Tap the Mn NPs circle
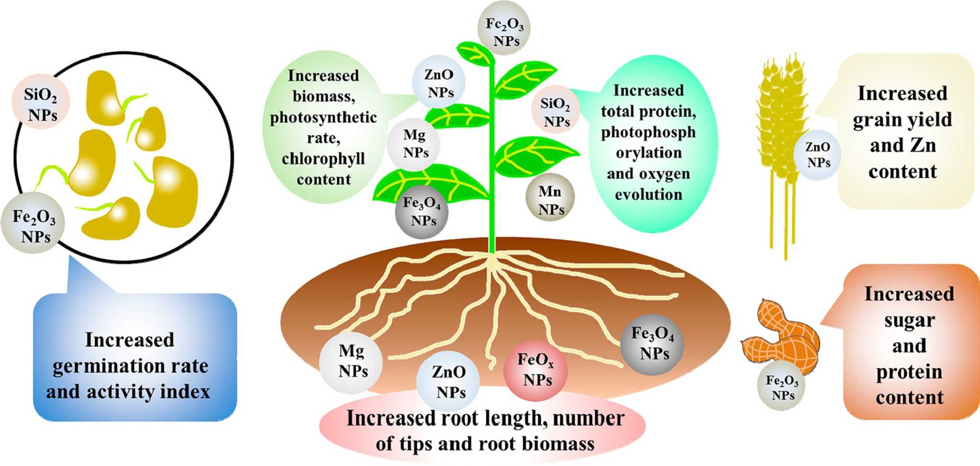(550, 200)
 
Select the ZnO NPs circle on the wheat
(818, 154)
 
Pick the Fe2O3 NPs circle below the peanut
(782, 388)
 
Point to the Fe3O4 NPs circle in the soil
(652, 344)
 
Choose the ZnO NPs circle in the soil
(448, 382)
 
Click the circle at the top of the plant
(505, 31)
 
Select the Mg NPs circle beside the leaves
(415, 144)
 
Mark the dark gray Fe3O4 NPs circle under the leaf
(422, 212)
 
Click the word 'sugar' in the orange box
(909, 320)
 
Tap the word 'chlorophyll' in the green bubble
(323, 159)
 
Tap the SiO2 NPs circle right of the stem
(556, 112)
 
